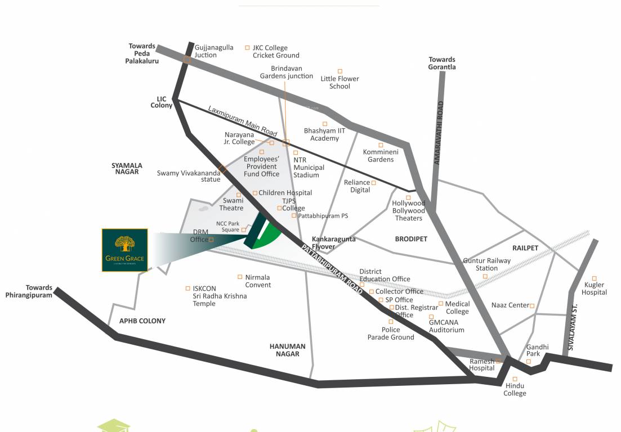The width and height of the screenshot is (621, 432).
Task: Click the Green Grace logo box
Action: point(124,250)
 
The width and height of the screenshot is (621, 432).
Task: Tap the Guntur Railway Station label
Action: point(486,264)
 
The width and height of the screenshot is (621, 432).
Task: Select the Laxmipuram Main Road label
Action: point(243,120)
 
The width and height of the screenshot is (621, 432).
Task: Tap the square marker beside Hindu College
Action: point(515,379)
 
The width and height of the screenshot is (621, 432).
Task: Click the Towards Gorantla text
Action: point(442,63)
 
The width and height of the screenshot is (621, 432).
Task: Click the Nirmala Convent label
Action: point(258,281)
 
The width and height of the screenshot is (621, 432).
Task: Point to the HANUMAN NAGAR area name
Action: point(287,350)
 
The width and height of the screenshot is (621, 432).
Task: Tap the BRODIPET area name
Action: point(411,239)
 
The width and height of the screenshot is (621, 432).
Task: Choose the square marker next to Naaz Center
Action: point(531,306)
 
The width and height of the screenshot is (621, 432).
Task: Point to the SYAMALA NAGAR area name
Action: point(127,169)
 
